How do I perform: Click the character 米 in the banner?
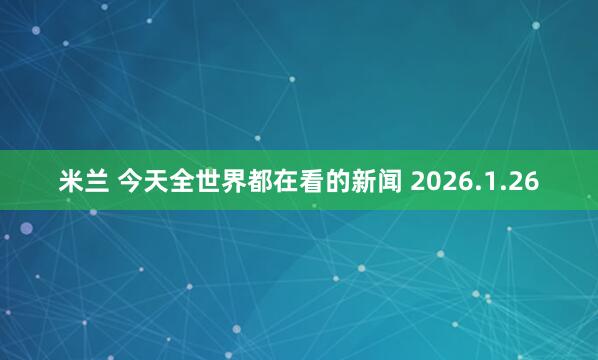71,182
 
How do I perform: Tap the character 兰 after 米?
97,182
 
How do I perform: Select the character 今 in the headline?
131,182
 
